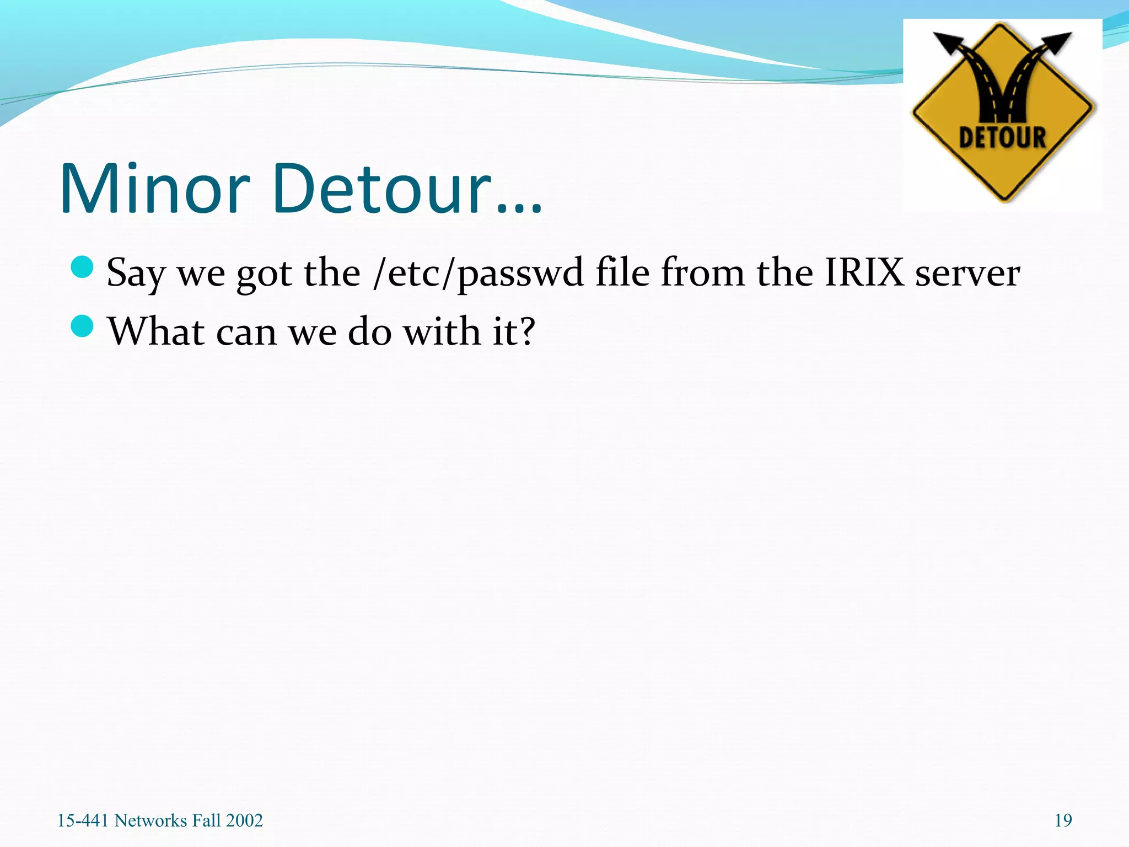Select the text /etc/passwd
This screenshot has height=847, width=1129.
(x=478, y=273)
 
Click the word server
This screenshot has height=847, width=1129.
(x=967, y=273)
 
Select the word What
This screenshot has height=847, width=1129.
(x=156, y=331)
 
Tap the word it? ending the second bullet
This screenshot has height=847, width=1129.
(x=513, y=331)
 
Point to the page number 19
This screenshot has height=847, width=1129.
(x=1063, y=821)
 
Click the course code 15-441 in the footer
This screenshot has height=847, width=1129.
(x=83, y=821)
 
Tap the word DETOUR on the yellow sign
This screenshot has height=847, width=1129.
(x=1002, y=137)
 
